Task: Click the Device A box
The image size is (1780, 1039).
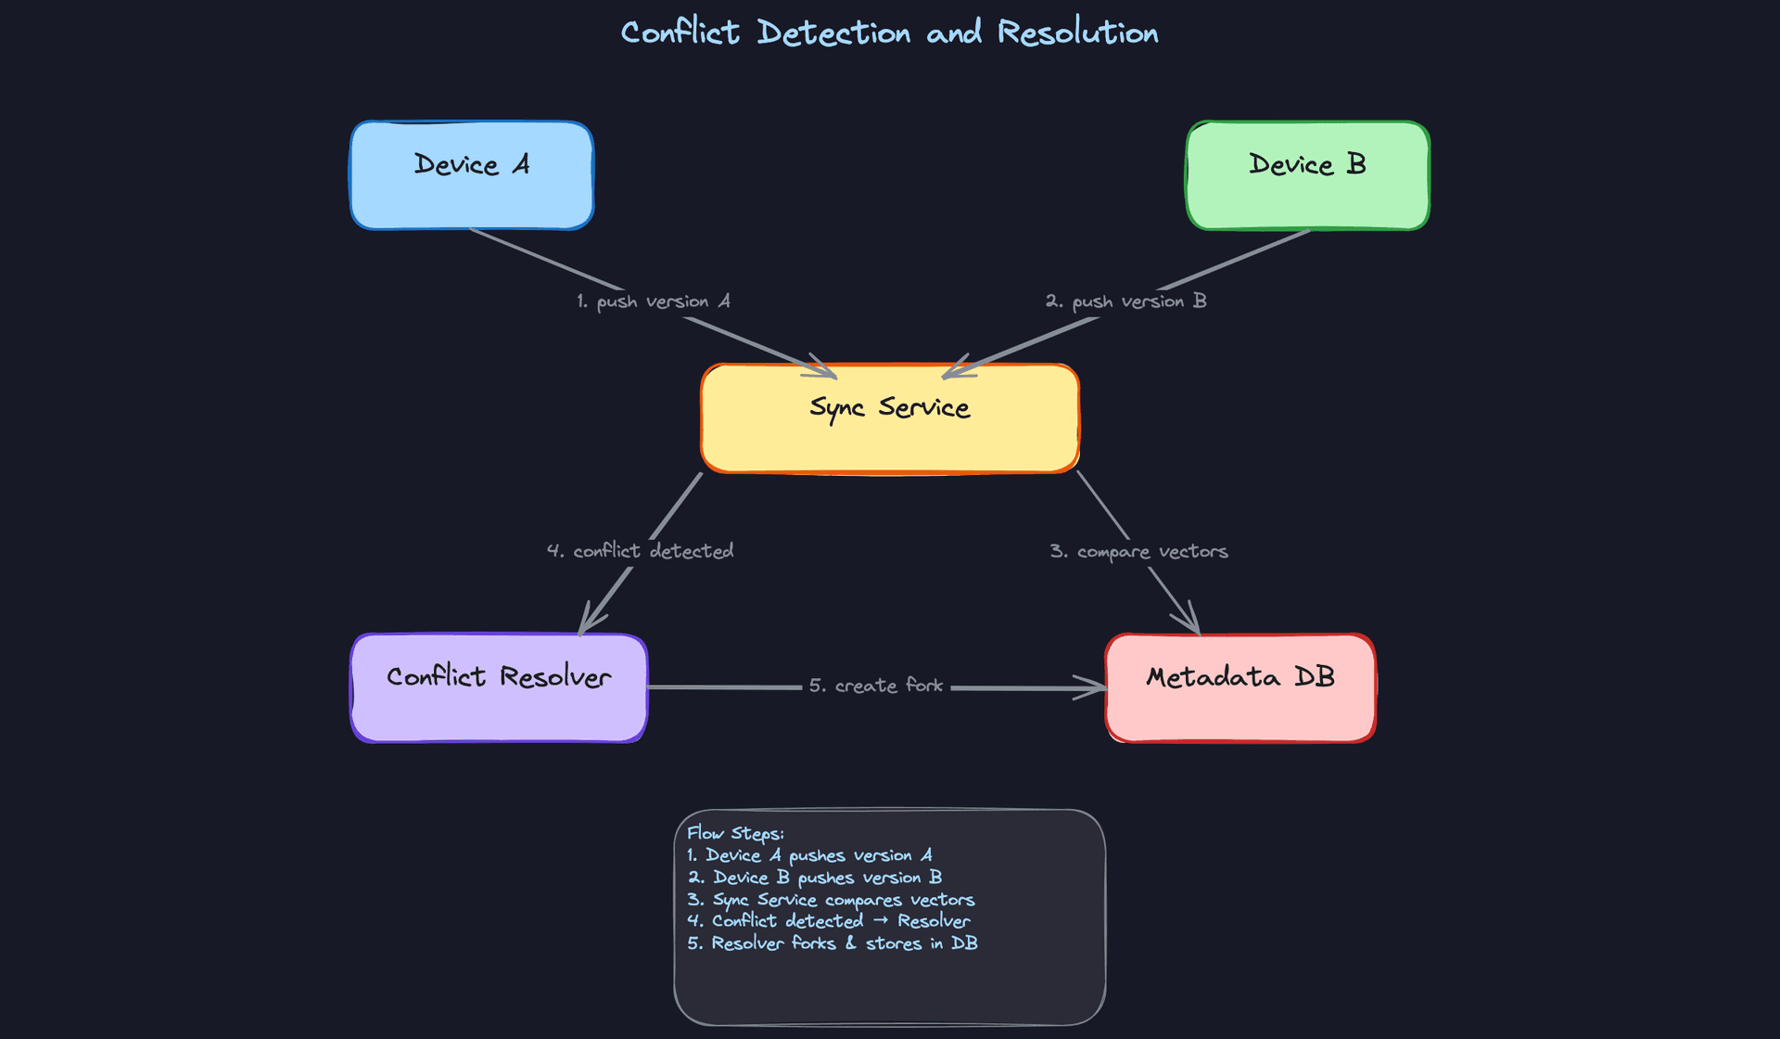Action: (x=471, y=174)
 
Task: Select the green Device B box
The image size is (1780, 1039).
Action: (x=1307, y=174)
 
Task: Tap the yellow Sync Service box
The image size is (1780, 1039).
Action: (x=890, y=417)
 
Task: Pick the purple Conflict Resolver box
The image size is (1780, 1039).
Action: (x=499, y=687)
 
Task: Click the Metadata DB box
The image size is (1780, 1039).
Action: (x=1240, y=687)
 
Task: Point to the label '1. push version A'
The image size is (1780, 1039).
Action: (x=654, y=301)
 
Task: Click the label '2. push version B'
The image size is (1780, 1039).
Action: (x=1125, y=301)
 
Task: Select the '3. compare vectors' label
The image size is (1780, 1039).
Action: (x=1138, y=551)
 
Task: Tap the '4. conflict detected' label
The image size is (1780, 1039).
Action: (x=640, y=551)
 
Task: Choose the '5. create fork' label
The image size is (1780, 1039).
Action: (x=875, y=686)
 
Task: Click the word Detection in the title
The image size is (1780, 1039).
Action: (x=833, y=32)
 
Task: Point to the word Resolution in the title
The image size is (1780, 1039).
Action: (x=1077, y=32)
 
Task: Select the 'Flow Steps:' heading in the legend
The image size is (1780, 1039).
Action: (x=735, y=833)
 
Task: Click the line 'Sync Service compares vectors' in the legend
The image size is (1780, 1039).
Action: (x=831, y=900)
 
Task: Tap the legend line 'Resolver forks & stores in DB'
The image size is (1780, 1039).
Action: (x=832, y=943)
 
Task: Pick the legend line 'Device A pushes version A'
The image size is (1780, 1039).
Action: (x=809, y=855)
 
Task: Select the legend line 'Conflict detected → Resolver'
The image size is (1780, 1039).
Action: (x=828, y=921)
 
